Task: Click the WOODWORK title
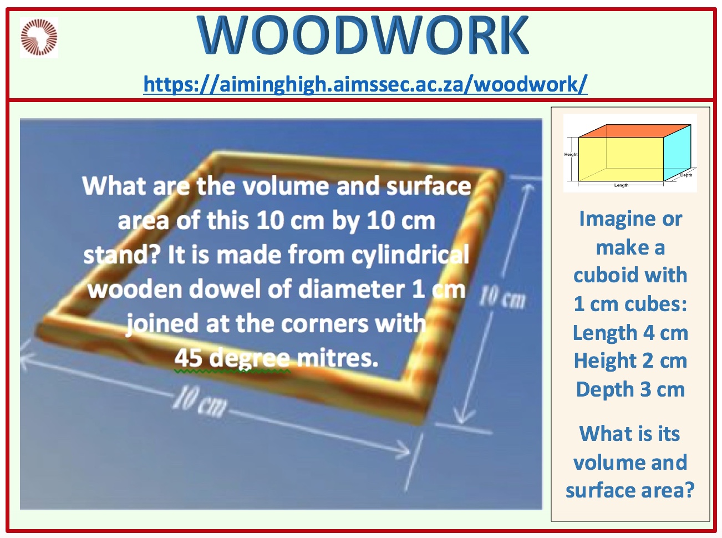pyautogui.click(x=363, y=35)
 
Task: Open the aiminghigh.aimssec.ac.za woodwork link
pyautogui.click(x=365, y=84)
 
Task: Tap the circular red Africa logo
pyautogui.click(x=39, y=37)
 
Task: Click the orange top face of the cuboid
pyautogui.click(x=635, y=130)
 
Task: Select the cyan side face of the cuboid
pyautogui.click(x=677, y=153)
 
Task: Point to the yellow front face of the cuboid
pyautogui.click(x=621, y=159)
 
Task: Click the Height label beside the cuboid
pyautogui.click(x=571, y=154)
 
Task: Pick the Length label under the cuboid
pyautogui.click(x=622, y=185)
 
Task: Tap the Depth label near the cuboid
pyautogui.click(x=686, y=175)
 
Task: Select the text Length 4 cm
pyautogui.click(x=631, y=333)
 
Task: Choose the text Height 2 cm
pyautogui.click(x=631, y=361)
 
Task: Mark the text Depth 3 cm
pyautogui.click(x=631, y=389)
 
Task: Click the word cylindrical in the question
pyautogui.click(x=410, y=255)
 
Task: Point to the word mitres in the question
pyautogui.click(x=337, y=358)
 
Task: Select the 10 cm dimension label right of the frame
pyautogui.click(x=502, y=298)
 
